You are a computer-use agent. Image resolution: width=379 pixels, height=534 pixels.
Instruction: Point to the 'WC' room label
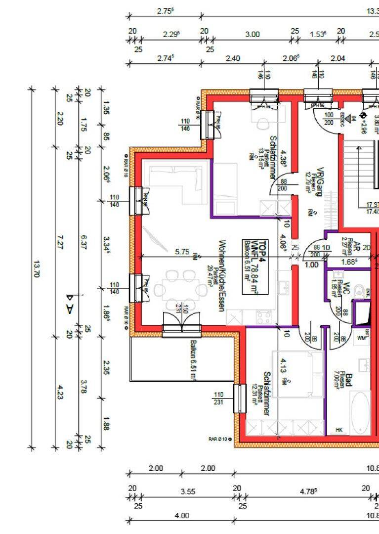coord(347,288)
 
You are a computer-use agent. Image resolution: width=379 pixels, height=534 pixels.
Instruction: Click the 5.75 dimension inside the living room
coord(182,252)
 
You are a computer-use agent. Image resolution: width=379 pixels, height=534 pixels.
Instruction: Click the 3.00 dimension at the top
coord(252,34)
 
